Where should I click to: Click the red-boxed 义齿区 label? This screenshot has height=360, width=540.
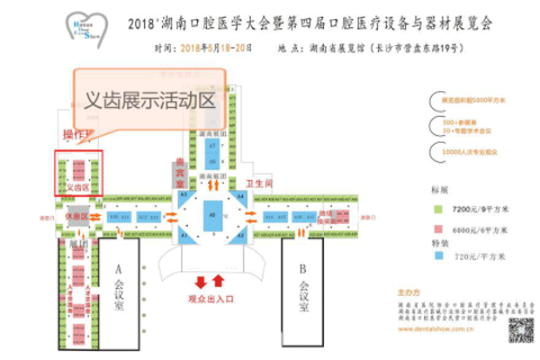pyautogui.click(x=77, y=187)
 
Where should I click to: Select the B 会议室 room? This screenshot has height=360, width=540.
pyautogui.click(x=303, y=288)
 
